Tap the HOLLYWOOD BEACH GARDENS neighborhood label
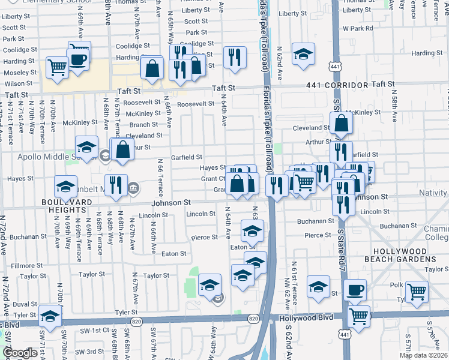(x=405, y=255)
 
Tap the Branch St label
(x=144, y=125)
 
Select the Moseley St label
(x=20, y=72)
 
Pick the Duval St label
(x=25, y=304)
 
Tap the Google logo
(x=20, y=353)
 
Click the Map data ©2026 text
(x=423, y=355)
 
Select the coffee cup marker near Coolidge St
(x=79, y=57)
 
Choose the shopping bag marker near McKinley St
(x=341, y=124)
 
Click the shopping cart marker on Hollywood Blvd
(x=358, y=316)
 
